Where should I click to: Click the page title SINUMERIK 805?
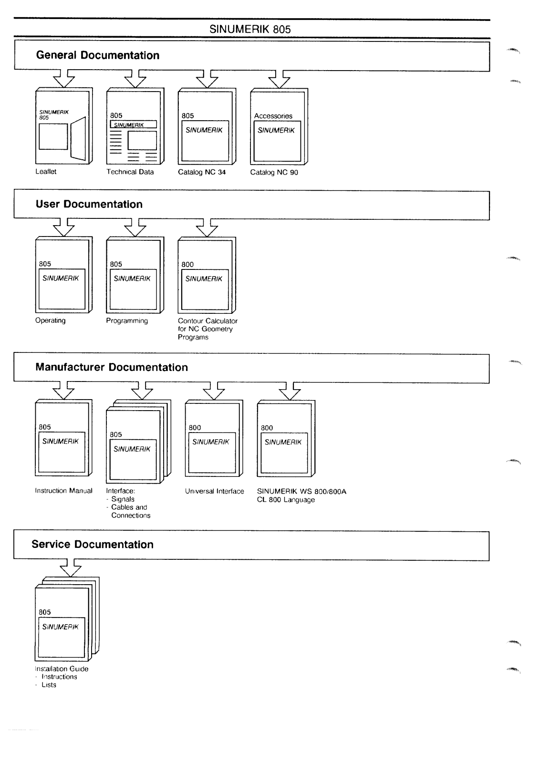[x=250, y=29]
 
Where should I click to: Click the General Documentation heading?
[x=98, y=55]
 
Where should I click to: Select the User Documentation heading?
[x=89, y=204]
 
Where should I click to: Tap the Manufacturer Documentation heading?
[x=112, y=367]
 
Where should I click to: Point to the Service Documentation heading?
[x=93, y=544]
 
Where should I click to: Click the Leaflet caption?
[x=46, y=172]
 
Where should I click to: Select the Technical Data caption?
[x=130, y=172]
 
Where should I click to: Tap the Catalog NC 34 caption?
[x=202, y=172]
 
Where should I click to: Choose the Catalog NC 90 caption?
[x=274, y=173]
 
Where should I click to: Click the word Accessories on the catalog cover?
[x=273, y=116]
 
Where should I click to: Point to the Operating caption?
[x=51, y=320]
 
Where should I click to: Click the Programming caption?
[x=127, y=321]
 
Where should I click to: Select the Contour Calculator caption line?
[x=208, y=321]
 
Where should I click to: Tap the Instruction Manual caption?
[x=64, y=491]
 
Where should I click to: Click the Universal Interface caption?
[x=215, y=491]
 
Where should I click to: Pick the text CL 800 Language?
[x=286, y=500]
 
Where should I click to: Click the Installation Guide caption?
[x=62, y=669]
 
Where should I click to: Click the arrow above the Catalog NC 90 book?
[x=280, y=79]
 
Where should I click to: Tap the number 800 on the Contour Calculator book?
[x=187, y=265]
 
